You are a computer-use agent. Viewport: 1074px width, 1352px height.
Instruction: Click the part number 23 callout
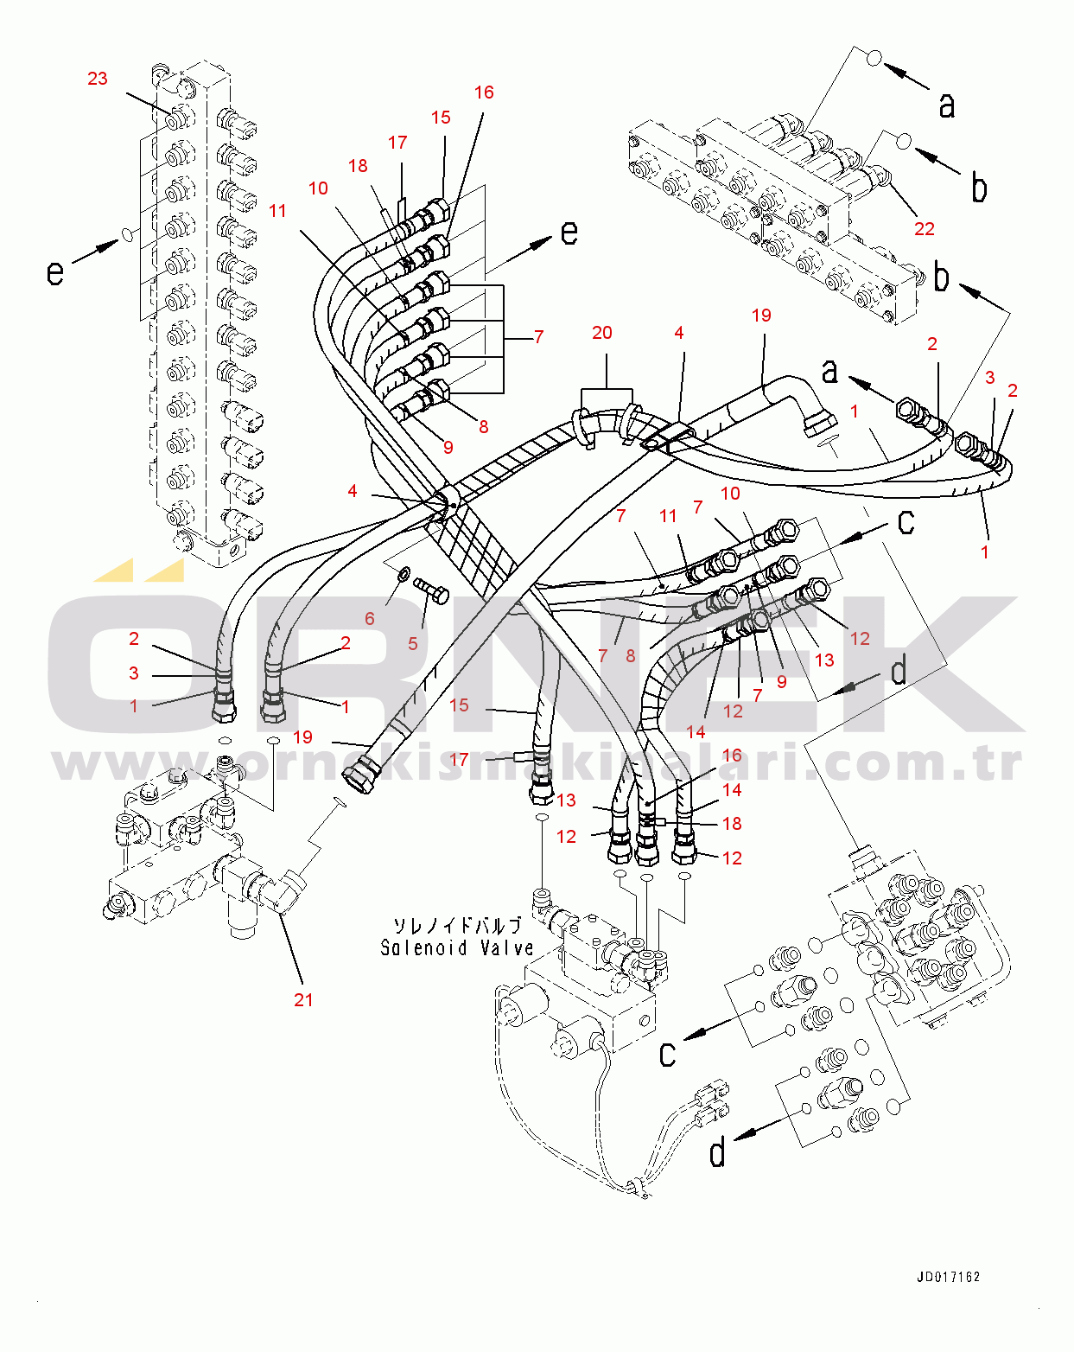[x=98, y=79]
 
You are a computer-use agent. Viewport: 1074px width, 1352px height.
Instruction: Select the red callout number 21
[x=303, y=999]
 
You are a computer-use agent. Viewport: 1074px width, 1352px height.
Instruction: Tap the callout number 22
[x=924, y=229]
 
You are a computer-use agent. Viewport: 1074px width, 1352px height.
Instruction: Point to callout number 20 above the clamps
[x=601, y=333]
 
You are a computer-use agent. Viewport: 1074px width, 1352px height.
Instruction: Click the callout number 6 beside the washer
[x=369, y=618]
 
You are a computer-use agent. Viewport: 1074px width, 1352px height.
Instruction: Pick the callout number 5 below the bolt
[x=413, y=643]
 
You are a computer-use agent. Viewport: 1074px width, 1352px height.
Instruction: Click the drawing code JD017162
[x=949, y=1277]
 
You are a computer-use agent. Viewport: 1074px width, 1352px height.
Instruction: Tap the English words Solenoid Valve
[x=456, y=947]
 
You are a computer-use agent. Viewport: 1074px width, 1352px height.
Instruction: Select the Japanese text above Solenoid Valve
[x=457, y=926]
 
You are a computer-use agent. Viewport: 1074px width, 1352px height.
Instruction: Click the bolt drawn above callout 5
[x=431, y=590]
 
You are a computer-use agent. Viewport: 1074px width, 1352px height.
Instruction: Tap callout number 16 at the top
[x=484, y=92]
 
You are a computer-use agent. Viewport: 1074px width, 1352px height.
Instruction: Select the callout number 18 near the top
[x=358, y=166]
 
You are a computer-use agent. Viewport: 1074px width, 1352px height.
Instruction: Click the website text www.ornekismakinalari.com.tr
[x=537, y=762]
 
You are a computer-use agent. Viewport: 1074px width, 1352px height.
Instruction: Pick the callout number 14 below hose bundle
[x=696, y=732]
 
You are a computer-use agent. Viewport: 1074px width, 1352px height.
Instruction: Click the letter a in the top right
[x=946, y=105]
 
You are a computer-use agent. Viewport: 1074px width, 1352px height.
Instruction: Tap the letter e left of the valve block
[x=55, y=272]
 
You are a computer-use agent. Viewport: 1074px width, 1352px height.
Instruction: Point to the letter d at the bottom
[x=717, y=1151]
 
